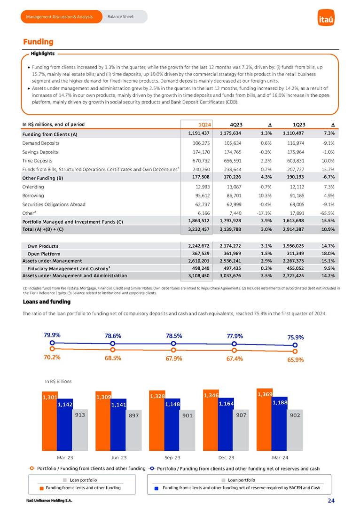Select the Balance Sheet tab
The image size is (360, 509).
[x=120, y=17]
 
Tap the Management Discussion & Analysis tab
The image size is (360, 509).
[x=60, y=17]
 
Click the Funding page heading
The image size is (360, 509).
[x=39, y=42]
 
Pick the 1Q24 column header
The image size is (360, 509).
[x=204, y=125]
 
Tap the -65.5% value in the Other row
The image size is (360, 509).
[x=326, y=213]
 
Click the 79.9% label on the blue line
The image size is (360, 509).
[x=52, y=335]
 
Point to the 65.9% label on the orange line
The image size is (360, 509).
[x=295, y=360]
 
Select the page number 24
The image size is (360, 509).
[x=331, y=501]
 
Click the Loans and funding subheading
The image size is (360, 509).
[x=43, y=302]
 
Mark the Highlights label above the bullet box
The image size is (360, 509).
[x=42, y=53]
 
